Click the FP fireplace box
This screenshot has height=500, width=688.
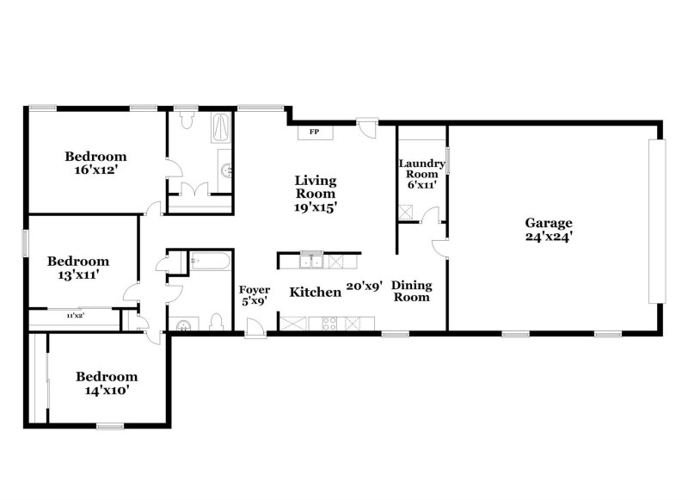click(314, 132)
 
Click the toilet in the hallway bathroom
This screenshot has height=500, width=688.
click(215, 323)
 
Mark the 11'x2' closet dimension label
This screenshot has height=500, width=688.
click(76, 317)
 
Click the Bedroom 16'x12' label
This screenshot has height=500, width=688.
click(95, 163)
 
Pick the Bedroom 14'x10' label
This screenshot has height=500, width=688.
click(107, 383)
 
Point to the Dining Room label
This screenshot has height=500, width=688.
click(412, 291)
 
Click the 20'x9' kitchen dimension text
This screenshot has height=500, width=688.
click(364, 287)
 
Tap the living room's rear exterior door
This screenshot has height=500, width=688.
click(367, 127)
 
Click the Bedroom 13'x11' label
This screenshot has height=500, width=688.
click(77, 268)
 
